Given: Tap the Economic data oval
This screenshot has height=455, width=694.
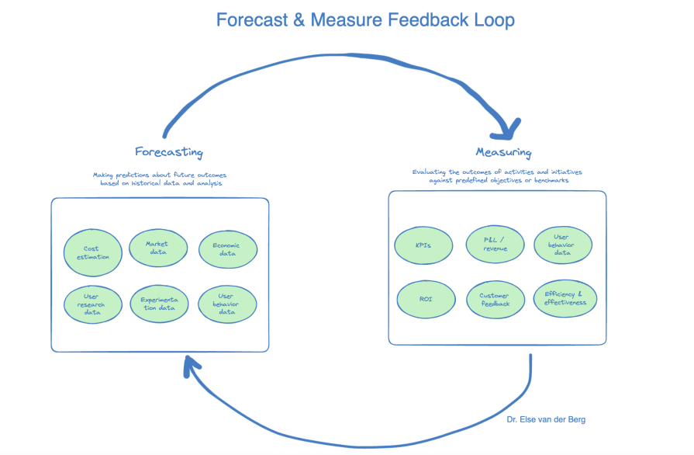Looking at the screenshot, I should click(228, 249).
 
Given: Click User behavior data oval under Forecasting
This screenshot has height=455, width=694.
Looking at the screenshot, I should click(227, 304).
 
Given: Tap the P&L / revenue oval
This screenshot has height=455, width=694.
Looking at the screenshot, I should click(494, 245).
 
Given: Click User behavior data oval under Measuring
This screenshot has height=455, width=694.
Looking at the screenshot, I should click(563, 245).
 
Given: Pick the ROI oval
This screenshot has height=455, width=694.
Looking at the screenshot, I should click(426, 299).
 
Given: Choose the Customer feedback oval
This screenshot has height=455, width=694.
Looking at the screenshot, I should click(494, 300).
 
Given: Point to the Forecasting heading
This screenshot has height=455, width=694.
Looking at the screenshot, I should click(168, 151).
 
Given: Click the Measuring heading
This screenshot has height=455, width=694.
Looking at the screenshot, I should click(503, 152).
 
